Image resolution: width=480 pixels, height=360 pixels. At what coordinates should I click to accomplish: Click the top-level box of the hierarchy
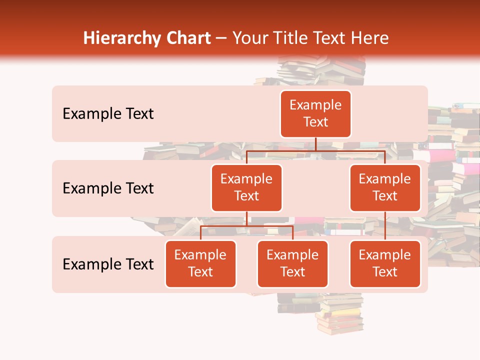(315, 113)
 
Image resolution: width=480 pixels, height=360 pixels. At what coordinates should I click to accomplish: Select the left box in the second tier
(246, 187)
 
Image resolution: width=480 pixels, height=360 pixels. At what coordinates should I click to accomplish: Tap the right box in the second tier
(385, 187)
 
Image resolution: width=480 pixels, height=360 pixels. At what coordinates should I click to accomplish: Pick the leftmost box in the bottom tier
(200, 263)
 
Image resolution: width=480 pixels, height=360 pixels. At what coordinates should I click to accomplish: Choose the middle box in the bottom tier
(292, 263)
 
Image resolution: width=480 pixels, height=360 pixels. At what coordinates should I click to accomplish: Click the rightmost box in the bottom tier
(385, 263)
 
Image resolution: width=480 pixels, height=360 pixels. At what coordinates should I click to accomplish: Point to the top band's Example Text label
(108, 114)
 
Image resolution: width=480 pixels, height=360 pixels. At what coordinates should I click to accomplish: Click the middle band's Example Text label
(108, 188)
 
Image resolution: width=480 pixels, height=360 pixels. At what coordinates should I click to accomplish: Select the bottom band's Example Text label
(108, 264)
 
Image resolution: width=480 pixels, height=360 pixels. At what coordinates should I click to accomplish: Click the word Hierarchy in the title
(121, 38)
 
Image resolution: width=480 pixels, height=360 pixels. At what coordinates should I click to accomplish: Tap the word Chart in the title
(188, 38)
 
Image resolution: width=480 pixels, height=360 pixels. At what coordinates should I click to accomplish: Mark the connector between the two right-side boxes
(385, 225)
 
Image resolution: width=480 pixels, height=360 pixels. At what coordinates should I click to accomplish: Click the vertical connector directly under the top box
(315, 144)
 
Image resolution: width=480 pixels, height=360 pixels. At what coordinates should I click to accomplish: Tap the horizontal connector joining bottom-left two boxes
(246, 226)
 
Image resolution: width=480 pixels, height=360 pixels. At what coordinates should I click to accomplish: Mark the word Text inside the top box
(315, 122)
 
